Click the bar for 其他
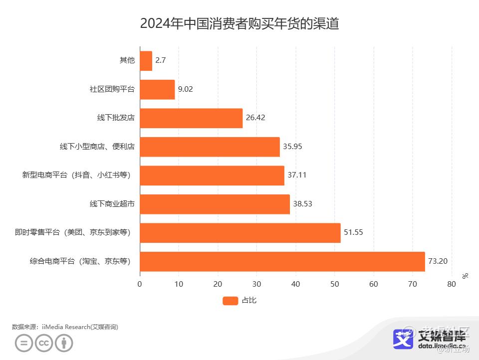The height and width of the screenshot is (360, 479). point(146,61)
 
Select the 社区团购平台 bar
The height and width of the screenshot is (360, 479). point(158,90)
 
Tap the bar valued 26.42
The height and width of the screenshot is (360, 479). point(191,118)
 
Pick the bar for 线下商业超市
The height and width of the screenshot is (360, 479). point(215,204)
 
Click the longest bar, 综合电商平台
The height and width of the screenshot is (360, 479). point(282,261)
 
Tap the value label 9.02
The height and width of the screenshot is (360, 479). point(186,90)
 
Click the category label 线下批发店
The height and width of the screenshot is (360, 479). point(116,118)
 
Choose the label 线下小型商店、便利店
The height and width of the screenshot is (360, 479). point(97,147)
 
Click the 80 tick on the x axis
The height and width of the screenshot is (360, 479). point(452,284)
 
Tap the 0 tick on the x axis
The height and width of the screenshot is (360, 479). point(140,284)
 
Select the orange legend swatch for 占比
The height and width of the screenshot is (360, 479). point(230,300)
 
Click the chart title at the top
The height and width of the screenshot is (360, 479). point(239,23)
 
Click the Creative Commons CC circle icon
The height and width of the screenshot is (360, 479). point(44,343)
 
